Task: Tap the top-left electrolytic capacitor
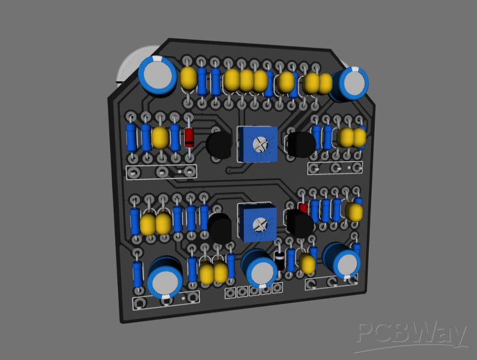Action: coord(157,76)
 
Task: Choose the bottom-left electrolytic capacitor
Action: coord(165,278)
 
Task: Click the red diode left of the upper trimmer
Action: coord(189,138)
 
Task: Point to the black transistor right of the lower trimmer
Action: coord(299,223)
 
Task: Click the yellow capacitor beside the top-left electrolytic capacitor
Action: coord(188,78)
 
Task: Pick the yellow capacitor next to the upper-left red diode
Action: coord(160,138)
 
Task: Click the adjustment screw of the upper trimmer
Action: coord(259,142)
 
